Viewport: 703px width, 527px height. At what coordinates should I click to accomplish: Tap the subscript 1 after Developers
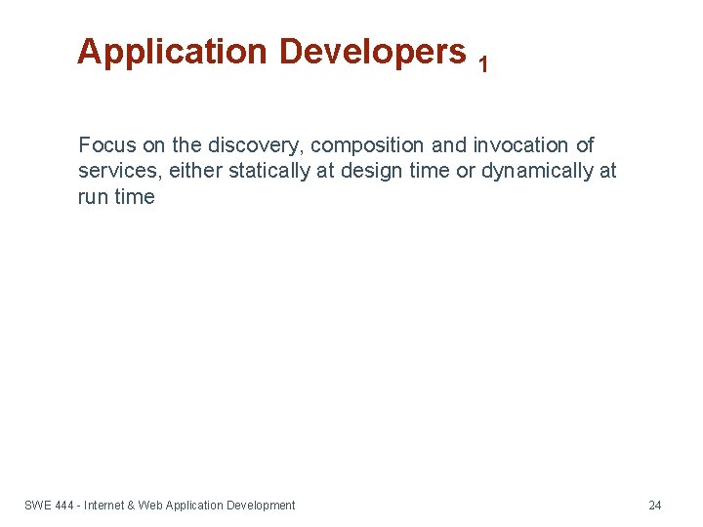pyautogui.click(x=483, y=64)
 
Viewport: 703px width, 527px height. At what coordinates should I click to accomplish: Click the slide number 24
pyautogui.click(x=654, y=506)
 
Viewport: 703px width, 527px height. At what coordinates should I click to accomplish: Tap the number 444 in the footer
pyautogui.click(x=65, y=506)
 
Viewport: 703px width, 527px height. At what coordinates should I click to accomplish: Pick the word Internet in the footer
pyautogui.click(x=104, y=506)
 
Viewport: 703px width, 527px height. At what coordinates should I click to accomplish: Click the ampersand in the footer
pyautogui.click(x=132, y=506)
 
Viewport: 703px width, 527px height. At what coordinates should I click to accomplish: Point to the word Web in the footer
pyautogui.click(x=150, y=506)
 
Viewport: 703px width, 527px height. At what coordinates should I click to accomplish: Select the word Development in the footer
pyautogui.click(x=261, y=506)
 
